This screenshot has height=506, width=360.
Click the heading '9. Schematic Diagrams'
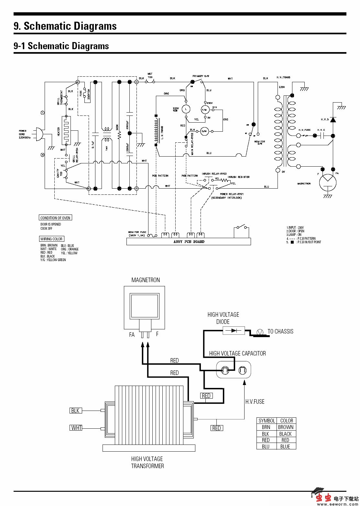coord(65,26)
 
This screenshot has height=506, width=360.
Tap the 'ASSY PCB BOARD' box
coord(189,242)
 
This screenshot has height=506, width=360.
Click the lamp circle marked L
coord(186,109)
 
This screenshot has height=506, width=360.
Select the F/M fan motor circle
coord(204,110)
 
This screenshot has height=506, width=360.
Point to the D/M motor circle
coord(204,131)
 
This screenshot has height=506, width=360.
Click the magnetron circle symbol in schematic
coord(327,182)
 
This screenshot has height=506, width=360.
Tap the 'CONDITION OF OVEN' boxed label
coord(55,218)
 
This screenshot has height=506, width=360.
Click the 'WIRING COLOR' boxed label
coord(51,239)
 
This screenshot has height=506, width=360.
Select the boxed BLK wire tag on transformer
coord(75,411)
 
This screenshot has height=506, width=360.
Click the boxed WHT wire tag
coord(76,428)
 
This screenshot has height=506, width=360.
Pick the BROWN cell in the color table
coord(286,427)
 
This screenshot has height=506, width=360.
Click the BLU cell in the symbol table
coord(266,446)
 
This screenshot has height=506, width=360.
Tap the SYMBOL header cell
coord(267,421)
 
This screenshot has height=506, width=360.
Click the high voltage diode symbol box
coord(234,331)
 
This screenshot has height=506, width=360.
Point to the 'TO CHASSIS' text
coord(280,332)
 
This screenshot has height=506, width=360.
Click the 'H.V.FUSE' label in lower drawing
coord(255,402)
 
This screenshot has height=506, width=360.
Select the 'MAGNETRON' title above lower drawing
coord(146,280)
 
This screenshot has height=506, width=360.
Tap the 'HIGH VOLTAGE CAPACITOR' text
coord(237,354)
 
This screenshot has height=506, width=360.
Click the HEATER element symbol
coord(66,131)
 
